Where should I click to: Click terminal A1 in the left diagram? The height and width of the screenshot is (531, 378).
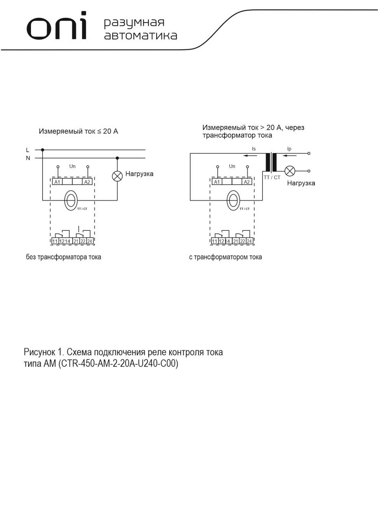pos(57,182)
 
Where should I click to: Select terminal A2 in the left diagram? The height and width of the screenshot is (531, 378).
pos(87,182)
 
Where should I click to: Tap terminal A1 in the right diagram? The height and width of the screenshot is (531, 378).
pos(217,182)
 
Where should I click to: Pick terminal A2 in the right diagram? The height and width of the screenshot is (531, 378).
pos(247,182)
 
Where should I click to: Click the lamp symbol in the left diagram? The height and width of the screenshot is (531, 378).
pos(117,176)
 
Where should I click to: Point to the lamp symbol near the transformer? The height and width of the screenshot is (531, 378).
pos(290,171)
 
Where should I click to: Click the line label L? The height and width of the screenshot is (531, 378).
pos(28,150)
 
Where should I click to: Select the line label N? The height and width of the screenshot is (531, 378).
pos(28,158)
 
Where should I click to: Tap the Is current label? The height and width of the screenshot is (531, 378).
pos(254,149)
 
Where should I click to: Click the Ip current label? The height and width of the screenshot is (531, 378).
pos(289,149)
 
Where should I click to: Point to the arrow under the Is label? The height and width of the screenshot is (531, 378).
pos(250,155)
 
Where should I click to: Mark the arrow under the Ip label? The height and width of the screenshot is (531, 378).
pos(290,155)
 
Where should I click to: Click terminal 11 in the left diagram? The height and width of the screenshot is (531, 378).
pos(55,241)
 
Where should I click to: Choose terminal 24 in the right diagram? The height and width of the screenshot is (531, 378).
pos(249,241)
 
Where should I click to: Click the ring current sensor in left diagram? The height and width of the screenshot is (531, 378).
pos(71,201)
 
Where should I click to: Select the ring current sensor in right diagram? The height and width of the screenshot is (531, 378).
pos(233,201)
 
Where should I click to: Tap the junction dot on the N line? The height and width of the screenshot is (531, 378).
pos(117,158)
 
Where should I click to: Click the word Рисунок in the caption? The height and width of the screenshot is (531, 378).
pos(39,352)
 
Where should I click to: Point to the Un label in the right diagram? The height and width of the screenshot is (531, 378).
pos(232,166)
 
